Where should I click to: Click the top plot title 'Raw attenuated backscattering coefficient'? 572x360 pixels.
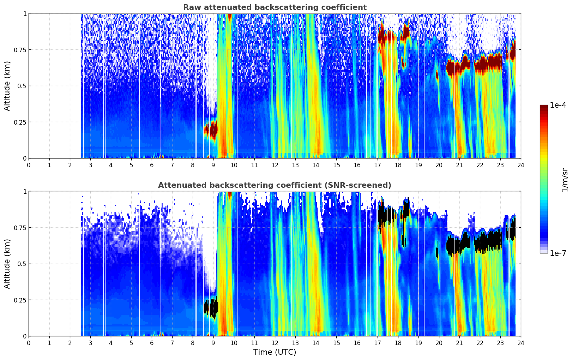[x=275, y=7]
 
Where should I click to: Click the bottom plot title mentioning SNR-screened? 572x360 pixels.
[x=275, y=185]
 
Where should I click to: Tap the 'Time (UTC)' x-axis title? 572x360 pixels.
[x=275, y=352]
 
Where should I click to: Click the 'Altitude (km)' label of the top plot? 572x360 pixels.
[x=7, y=86]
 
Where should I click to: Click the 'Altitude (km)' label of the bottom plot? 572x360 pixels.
[x=7, y=264]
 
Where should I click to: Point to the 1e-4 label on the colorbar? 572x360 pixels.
[x=558, y=105]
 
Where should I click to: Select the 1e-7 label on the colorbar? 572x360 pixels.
[x=558, y=253]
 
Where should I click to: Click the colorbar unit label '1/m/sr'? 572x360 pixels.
[x=565, y=180]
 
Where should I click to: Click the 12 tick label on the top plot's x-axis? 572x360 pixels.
[x=275, y=165]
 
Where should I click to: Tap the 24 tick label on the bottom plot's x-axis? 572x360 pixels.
[x=520, y=343]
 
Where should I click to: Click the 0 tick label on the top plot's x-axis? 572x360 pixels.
[x=29, y=165]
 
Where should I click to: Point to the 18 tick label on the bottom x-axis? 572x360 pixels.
[x=398, y=343]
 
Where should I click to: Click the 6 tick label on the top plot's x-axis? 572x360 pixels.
[x=152, y=165]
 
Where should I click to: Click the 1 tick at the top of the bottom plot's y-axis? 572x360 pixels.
[x=25, y=191]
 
